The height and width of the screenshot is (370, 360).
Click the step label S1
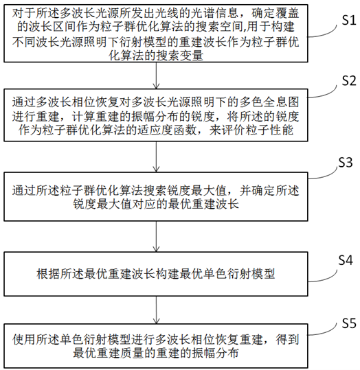click(x=349, y=21)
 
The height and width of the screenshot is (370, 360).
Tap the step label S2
click(x=349, y=81)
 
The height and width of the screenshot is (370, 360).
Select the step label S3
click(x=346, y=162)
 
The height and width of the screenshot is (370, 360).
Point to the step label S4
click(x=346, y=260)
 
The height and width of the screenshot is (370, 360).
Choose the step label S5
click(x=349, y=323)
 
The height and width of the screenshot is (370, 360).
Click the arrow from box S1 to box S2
click(x=156, y=76)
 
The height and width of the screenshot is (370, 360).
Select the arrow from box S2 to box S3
click(x=156, y=157)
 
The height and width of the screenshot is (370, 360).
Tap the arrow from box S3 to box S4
click(x=156, y=236)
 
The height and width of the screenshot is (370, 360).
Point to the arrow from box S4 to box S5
click(x=156, y=310)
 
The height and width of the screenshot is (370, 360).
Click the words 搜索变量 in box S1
click(x=179, y=55)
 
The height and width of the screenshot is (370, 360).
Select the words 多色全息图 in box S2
click(x=269, y=102)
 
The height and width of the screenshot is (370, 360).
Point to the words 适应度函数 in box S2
click(x=167, y=130)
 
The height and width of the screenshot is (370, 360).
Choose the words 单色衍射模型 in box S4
click(x=239, y=274)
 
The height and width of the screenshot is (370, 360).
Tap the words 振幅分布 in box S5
click(x=216, y=353)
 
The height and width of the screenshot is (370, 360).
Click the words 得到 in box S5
click(x=287, y=339)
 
